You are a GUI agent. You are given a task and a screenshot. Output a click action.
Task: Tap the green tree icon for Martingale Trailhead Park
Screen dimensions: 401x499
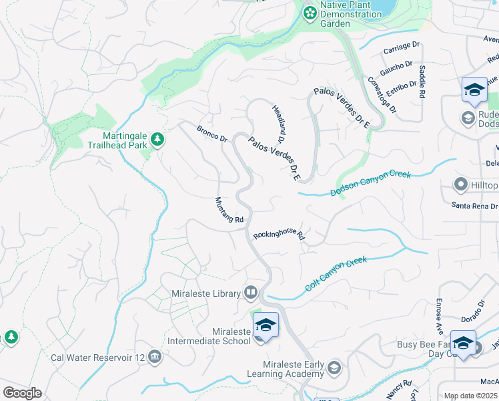tap(157, 139)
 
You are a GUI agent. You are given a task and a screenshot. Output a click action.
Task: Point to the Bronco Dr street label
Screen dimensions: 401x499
tap(212, 133)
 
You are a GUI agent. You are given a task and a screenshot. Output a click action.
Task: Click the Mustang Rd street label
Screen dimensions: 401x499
tap(229, 210)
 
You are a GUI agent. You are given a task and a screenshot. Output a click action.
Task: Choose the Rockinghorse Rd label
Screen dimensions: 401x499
tap(279, 235)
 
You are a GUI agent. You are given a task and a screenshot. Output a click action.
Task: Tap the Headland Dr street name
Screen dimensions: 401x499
tap(278, 123)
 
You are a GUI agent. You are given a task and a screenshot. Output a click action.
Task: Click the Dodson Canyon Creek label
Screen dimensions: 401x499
tap(371, 184)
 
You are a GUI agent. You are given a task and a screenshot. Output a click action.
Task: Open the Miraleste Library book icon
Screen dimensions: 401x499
tap(250, 291)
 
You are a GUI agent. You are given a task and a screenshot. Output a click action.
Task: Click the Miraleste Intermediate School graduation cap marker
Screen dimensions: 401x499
tap(266, 325)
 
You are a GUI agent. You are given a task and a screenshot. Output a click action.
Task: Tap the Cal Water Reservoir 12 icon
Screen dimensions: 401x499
tap(155, 357)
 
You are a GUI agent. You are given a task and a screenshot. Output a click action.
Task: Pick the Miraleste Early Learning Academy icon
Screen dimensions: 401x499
tap(334, 368)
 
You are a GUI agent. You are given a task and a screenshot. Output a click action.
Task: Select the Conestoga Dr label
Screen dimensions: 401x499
tap(382, 94)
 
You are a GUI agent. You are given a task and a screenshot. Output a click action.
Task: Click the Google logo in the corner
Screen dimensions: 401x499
tap(22, 393)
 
